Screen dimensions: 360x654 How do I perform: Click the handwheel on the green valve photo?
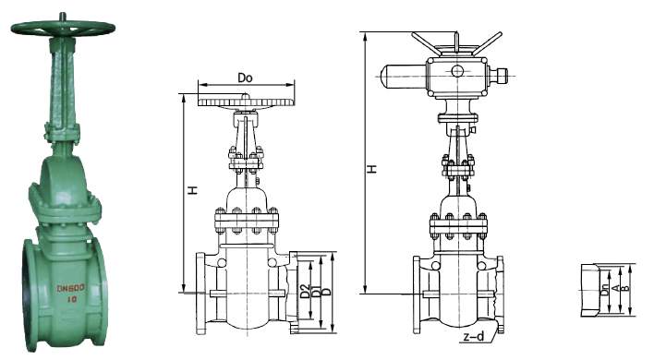(63, 28)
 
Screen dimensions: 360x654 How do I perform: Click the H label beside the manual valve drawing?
(193, 190)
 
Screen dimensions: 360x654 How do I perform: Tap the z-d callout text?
(473, 338)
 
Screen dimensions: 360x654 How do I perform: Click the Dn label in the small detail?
(603, 290)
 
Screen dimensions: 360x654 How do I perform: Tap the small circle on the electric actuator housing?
(456, 71)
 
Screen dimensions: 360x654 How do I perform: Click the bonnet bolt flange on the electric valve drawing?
(457, 222)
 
